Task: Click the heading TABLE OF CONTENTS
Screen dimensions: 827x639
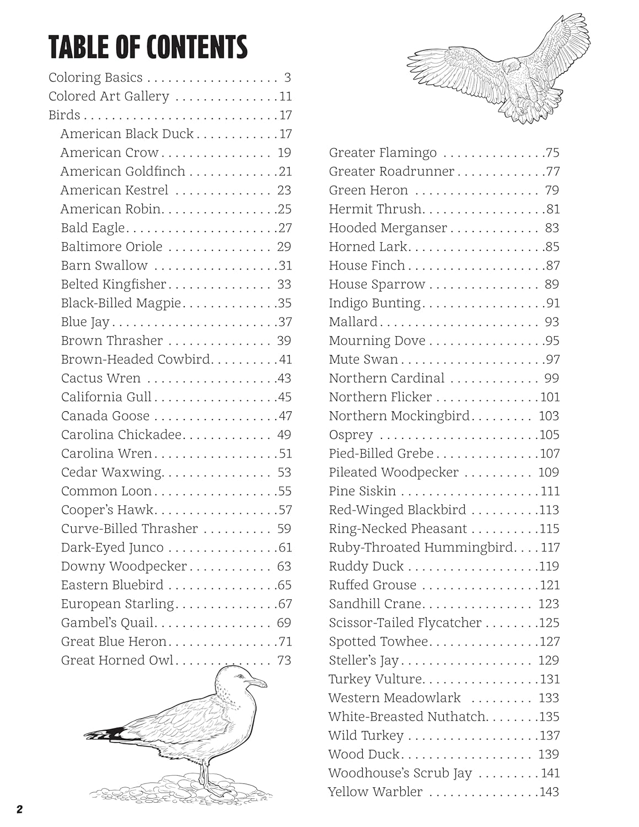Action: [148, 47]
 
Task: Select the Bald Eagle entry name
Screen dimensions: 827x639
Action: [93, 228]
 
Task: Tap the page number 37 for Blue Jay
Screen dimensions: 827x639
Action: [285, 322]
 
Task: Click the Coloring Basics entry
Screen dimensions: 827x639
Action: [95, 78]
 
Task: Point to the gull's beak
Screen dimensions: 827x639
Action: [258, 684]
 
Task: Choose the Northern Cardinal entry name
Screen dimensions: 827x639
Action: [386, 378]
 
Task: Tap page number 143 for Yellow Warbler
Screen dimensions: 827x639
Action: [549, 792]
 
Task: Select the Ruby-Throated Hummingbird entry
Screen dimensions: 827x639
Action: [421, 547]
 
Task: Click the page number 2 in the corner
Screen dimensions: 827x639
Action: [20, 809]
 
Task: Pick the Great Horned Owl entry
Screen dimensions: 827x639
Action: [117, 660]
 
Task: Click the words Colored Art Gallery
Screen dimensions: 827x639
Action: [109, 96]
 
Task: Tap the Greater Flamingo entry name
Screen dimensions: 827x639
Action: [383, 153]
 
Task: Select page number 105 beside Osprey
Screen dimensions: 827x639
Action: [549, 435]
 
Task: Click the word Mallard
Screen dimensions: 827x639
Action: [353, 322]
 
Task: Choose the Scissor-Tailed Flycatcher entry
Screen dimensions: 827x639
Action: [405, 623]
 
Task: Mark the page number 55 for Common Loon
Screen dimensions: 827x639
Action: [285, 491]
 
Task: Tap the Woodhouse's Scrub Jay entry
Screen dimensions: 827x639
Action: [400, 774]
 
